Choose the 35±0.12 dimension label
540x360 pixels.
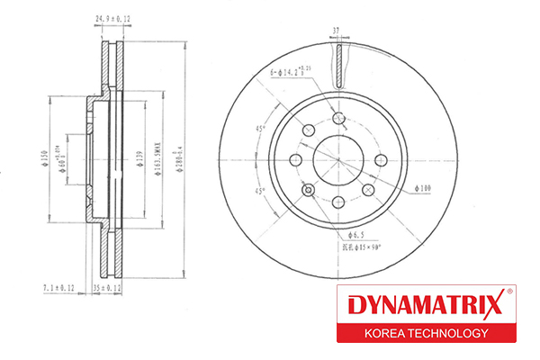pos(107,287)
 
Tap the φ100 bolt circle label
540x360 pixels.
pos(424,188)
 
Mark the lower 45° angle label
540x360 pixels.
pos(262,192)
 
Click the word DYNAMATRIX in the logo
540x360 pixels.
pos(417,304)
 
